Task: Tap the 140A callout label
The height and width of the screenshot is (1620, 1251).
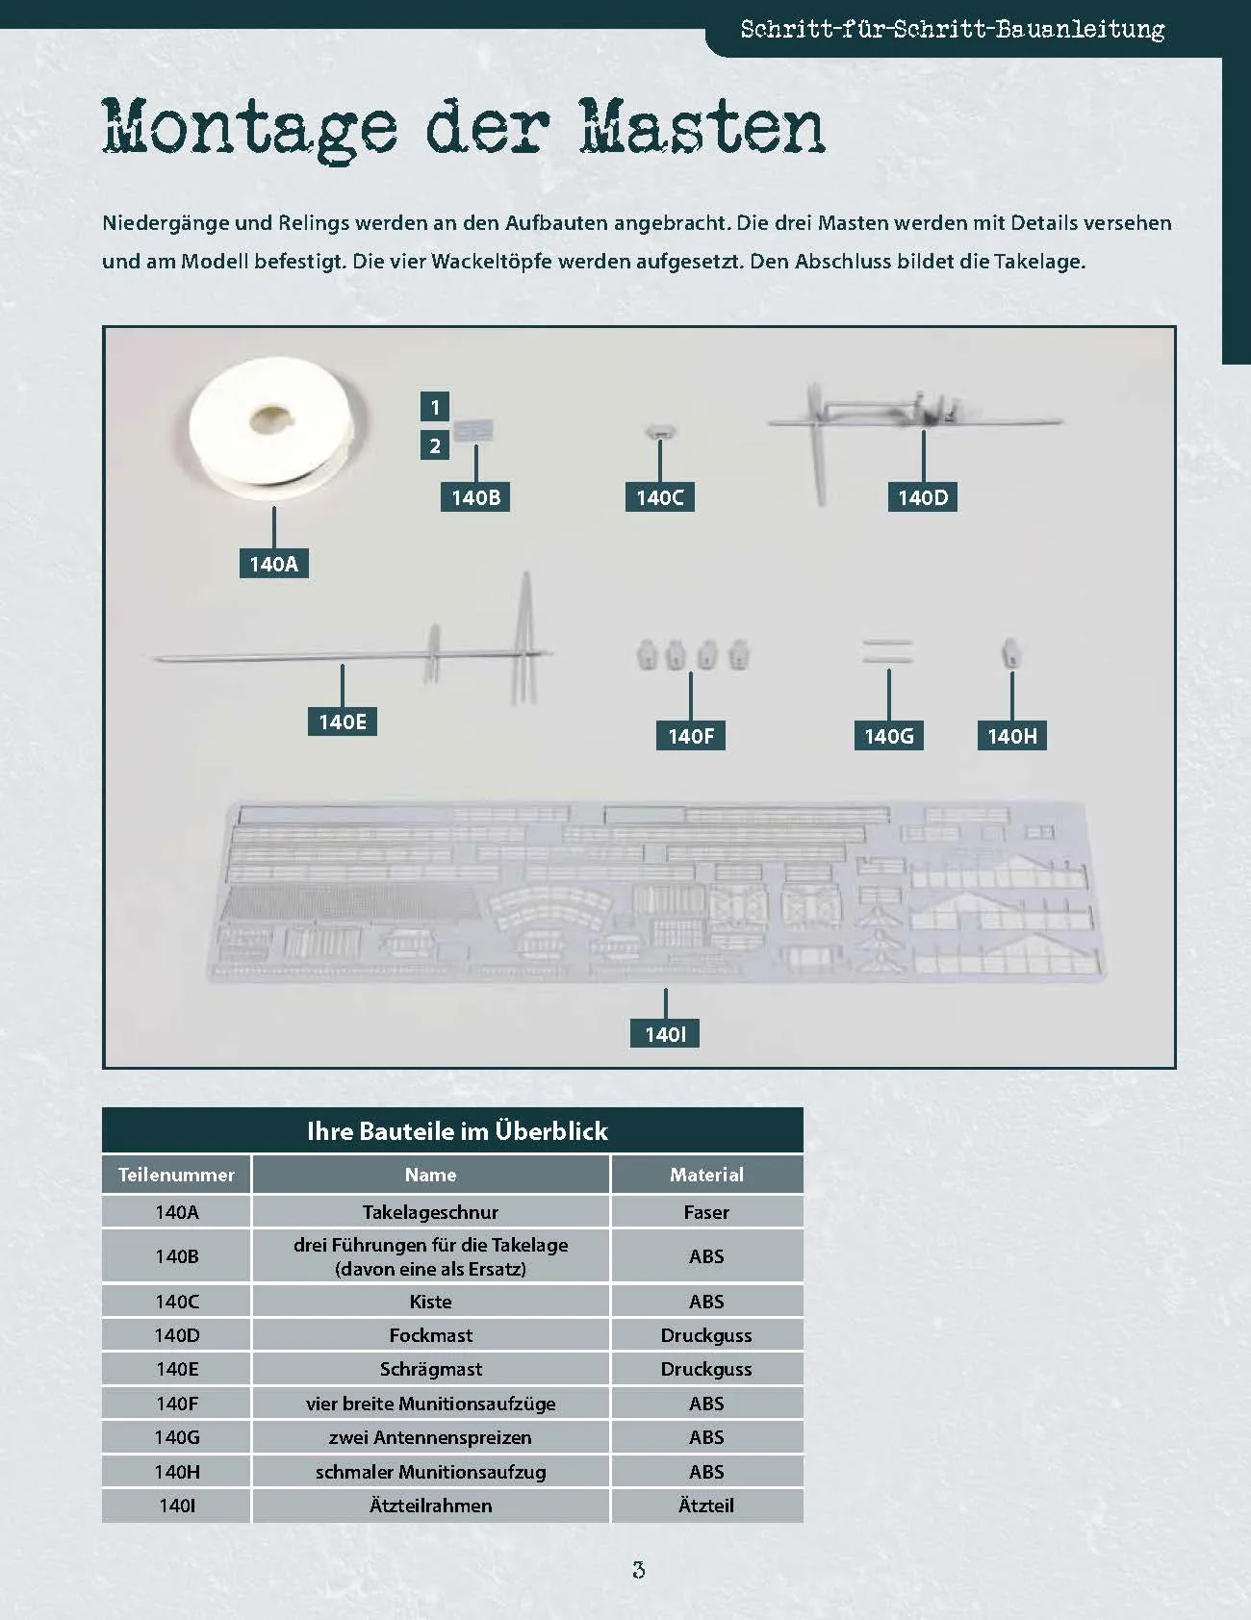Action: (x=274, y=564)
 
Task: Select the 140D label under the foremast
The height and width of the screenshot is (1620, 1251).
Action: (x=923, y=497)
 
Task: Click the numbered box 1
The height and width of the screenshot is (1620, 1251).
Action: (x=435, y=407)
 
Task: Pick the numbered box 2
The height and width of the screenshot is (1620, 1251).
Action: (x=435, y=445)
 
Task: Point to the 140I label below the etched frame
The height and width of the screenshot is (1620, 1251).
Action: (x=665, y=1034)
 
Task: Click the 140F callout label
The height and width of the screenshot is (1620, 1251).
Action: (x=691, y=736)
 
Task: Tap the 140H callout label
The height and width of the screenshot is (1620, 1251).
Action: (x=1012, y=736)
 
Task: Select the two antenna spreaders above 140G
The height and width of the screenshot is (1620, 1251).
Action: (x=887, y=651)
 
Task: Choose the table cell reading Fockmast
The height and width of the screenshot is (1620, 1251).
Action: (x=430, y=1335)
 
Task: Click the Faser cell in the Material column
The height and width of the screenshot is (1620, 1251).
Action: (x=706, y=1212)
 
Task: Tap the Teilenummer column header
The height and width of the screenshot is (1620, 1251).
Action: (x=176, y=1175)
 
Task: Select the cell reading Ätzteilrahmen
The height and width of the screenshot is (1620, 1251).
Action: (x=430, y=1506)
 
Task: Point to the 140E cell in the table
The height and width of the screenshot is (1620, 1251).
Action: (x=177, y=1369)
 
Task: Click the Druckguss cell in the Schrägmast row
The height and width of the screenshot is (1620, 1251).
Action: (x=706, y=1369)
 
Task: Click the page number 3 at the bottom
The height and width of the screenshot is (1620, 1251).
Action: (x=638, y=1570)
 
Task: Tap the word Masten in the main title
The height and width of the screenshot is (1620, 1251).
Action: (x=702, y=126)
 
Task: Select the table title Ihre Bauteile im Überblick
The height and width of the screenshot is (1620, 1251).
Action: (x=457, y=1131)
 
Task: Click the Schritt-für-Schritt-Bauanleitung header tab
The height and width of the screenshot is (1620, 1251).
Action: (x=953, y=29)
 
